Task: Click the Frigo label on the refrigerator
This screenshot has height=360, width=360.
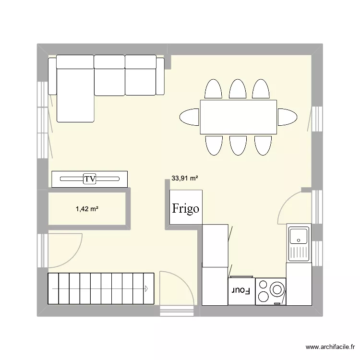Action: [x=186, y=209]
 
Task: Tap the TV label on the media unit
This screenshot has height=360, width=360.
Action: [x=89, y=179]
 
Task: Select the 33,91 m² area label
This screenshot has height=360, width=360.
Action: [x=185, y=178]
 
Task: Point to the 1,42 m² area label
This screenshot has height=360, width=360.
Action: [x=87, y=209]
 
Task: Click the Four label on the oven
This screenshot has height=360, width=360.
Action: [x=241, y=291]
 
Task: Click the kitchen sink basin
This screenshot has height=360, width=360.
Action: [x=299, y=235]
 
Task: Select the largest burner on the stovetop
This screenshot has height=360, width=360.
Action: [x=277, y=289]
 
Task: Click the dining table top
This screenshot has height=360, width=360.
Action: [x=238, y=117]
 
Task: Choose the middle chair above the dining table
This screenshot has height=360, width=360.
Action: [x=238, y=89]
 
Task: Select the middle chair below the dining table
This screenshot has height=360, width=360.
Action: [x=238, y=145]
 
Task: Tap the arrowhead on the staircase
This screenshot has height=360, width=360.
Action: [x=145, y=288]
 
